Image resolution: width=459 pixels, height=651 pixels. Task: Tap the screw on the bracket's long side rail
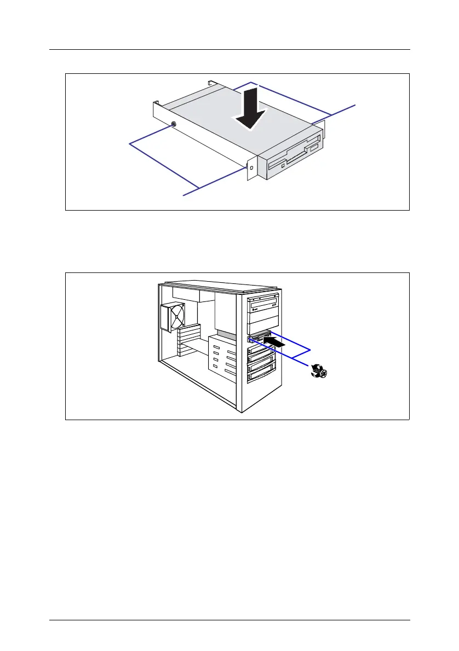pos(173,125)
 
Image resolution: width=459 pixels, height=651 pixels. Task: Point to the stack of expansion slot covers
pos(189,342)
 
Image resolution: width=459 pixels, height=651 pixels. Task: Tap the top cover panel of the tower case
pos(219,284)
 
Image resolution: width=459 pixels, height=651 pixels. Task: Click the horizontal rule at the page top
pos(229,50)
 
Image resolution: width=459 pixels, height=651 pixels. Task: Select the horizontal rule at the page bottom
pos(229,620)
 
